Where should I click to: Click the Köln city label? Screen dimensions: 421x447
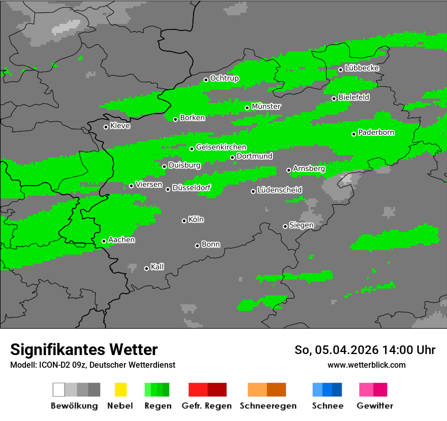coord(196,220)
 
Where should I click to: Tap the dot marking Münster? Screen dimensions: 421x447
coord(247,108)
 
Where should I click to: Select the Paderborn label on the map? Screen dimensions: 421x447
coord(376,132)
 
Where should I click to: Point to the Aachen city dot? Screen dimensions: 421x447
coord(104,241)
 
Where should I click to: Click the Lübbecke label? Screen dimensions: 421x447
coord(362,68)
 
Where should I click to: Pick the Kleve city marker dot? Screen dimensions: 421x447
coord(106,127)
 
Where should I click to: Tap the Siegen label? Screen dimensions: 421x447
coord(302,225)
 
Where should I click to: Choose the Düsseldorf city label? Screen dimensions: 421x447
coord(191,188)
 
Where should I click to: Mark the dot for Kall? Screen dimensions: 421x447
coord(147,268)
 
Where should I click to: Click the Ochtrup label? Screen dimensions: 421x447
coord(225,78)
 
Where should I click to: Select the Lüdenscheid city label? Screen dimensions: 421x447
coord(280,190)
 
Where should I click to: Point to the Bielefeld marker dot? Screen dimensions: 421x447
coord(334,98)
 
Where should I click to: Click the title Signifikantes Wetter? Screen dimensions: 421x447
coord(84,349)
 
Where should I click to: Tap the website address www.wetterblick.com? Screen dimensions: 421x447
coord(367,365)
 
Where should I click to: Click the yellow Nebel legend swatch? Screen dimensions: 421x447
coord(120,390)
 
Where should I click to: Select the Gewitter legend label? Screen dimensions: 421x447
coord(375,406)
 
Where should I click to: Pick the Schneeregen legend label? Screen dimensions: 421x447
coord(267,406)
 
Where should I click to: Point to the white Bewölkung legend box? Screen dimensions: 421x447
coord(59,390)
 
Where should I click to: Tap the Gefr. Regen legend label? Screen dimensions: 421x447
coord(207,406)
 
